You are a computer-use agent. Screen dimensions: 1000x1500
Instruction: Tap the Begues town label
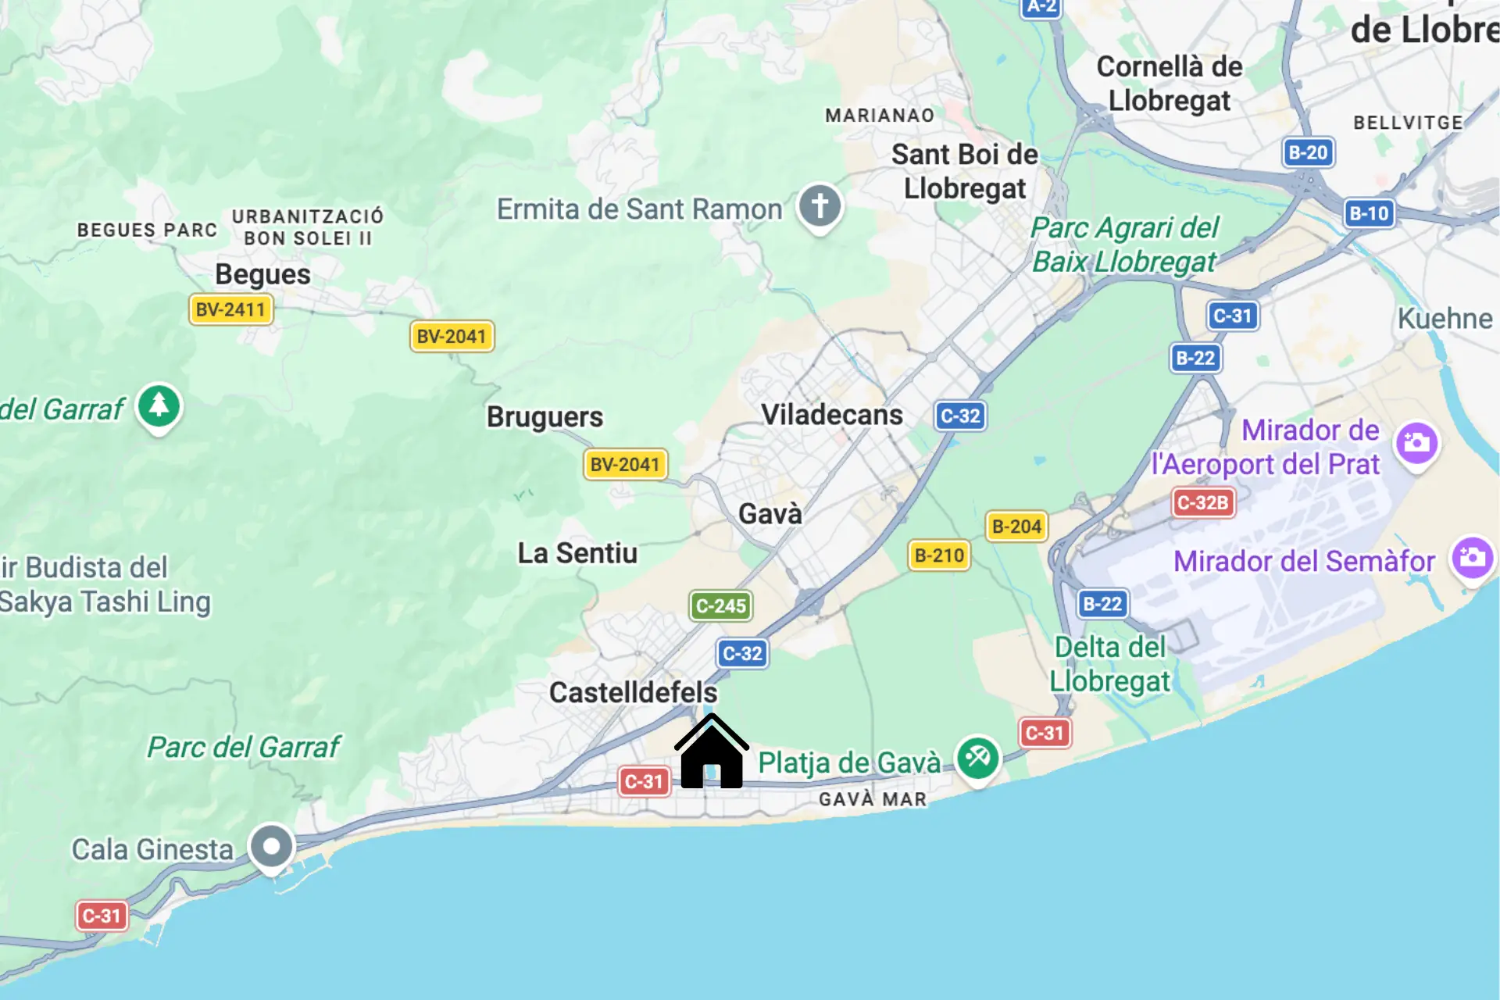(x=262, y=274)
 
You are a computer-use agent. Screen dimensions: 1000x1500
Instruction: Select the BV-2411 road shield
(x=230, y=309)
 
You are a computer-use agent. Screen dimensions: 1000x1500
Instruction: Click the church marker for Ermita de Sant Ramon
(x=820, y=206)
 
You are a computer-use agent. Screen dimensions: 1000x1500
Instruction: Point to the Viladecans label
(x=832, y=415)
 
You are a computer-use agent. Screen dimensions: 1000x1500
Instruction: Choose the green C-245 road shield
(x=720, y=605)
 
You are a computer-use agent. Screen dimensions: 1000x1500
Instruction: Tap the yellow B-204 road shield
(x=1016, y=527)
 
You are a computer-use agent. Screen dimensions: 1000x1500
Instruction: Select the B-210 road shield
(x=939, y=555)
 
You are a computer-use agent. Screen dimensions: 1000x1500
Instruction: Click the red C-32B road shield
(x=1203, y=502)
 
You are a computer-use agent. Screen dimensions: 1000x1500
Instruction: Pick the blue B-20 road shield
(x=1308, y=152)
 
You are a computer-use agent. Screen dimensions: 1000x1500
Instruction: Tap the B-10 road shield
(x=1370, y=213)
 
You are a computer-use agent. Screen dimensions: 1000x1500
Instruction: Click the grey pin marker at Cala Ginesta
(x=271, y=846)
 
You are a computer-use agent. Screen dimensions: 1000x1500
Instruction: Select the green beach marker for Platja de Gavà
(x=977, y=756)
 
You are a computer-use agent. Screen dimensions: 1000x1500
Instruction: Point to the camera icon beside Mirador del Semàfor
(x=1472, y=558)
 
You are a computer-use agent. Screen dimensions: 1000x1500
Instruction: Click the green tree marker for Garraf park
(x=159, y=405)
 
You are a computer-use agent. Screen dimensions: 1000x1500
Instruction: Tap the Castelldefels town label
(x=633, y=692)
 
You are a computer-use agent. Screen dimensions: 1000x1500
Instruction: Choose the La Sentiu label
(x=577, y=553)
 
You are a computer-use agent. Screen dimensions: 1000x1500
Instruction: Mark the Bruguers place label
(x=545, y=416)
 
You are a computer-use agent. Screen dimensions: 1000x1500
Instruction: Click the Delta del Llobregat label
(x=1109, y=664)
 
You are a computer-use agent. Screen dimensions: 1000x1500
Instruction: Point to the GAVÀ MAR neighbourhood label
(x=873, y=799)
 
